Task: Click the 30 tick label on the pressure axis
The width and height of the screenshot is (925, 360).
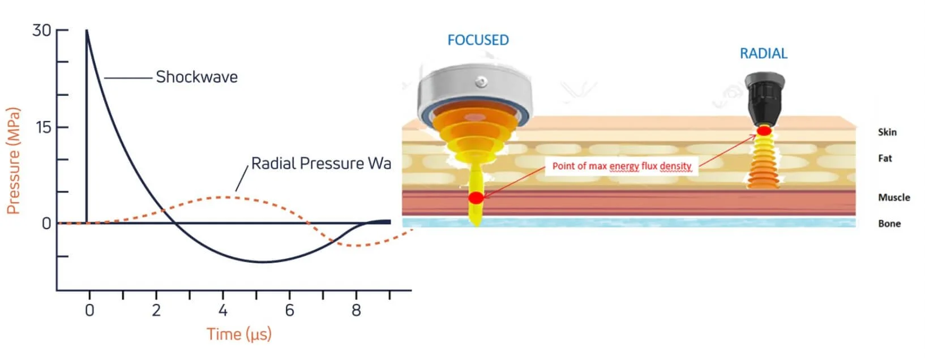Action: click(x=41, y=30)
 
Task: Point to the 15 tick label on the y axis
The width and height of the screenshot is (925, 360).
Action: click(x=43, y=127)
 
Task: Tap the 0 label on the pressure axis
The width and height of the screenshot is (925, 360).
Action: click(x=46, y=224)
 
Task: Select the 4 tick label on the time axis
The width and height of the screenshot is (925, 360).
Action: click(x=223, y=310)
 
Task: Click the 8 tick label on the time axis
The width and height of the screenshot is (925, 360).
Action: click(x=356, y=310)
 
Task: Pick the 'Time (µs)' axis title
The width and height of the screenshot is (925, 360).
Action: click(x=239, y=334)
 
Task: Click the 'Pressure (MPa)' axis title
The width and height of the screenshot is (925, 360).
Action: click(x=13, y=161)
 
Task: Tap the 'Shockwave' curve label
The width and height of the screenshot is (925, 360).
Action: click(x=196, y=77)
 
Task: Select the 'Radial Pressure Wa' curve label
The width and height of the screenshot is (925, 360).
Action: click(x=321, y=164)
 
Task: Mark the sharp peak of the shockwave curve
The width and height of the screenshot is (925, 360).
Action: click(x=87, y=31)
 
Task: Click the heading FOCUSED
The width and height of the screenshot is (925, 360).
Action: click(x=478, y=40)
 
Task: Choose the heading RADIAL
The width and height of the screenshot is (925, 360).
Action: click(x=763, y=54)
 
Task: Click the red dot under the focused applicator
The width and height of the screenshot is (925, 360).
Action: click(x=476, y=198)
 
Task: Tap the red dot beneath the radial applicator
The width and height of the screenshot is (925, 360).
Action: click(x=764, y=131)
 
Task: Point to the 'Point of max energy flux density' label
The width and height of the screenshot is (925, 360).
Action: click(x=622, y=166)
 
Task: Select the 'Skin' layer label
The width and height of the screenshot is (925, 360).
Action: click(x=887, y=132)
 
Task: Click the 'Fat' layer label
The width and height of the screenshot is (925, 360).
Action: click(x=885, y=158)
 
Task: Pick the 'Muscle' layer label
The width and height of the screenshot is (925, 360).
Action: click(x=894, y=198)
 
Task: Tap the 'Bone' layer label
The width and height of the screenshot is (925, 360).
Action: click(x=889, y=224)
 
